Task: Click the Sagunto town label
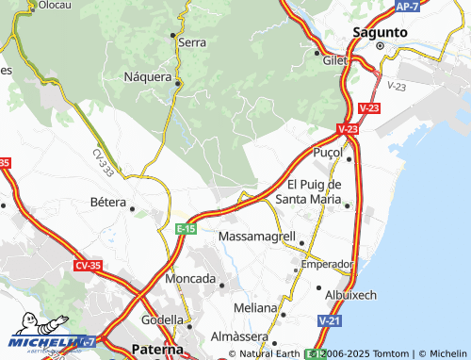[x=380, y=31]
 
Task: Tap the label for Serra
[x=192, y=42]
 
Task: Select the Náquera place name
[x=148, y=77]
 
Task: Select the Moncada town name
[x=190, y=279]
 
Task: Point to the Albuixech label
[x=349, y=295]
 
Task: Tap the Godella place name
[x=162, y=319]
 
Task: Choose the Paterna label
[x=153, y=349]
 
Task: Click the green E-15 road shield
[x=186, y=229]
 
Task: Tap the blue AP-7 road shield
[x=407, y=7]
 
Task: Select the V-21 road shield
[x=330, y=322]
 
